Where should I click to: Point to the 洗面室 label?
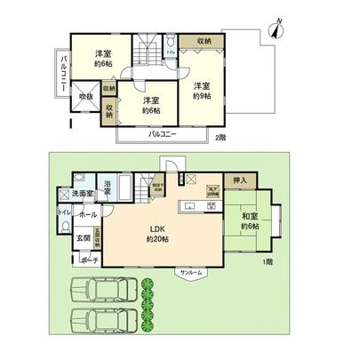84,193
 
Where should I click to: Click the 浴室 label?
107,186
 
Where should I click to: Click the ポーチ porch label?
88,260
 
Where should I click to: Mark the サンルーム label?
190,271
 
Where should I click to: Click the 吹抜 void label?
86,96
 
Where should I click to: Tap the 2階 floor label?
220,137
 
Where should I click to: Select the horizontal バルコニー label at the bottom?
162,134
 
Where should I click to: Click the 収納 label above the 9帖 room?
204,40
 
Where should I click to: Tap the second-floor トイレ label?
170,54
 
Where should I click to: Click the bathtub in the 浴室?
124,188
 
